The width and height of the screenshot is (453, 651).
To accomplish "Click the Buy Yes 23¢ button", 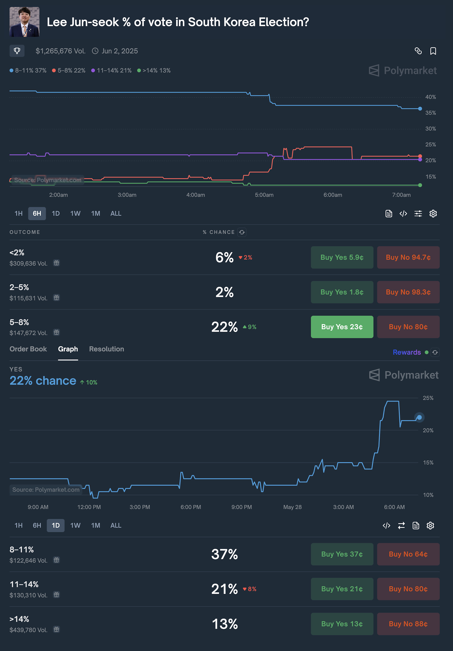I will [x=342, y=327].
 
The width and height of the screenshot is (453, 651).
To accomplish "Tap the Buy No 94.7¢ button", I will [x=408, y=257].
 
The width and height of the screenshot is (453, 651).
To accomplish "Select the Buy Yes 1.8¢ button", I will [x=342, y=292].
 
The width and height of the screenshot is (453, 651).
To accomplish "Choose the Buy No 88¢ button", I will [x=408, y=624].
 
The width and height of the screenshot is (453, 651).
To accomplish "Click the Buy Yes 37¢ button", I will [x=342, y=554].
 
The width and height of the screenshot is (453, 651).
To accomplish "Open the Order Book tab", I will [x=28, y=349].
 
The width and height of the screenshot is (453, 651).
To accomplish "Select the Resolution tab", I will [x=106, y=349].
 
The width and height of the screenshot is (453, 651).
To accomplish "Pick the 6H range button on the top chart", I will [x=37, y=213].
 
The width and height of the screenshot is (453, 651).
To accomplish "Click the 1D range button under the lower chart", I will [x=56, y=525].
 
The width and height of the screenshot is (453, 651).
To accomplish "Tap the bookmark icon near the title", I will [x=433, y=51].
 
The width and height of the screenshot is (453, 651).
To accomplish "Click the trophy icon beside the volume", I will [x=17, y=51].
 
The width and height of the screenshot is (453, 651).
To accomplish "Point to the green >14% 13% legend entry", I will [x=154, y=71].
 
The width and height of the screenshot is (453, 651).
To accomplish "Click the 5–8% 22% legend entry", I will [x=69, y=71].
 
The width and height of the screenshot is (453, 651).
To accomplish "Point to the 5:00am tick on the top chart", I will [x=264, y=195].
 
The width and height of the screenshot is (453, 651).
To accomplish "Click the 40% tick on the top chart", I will [x=430, y=97].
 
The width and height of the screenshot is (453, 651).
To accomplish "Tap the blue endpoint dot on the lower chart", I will [x=419, y=417].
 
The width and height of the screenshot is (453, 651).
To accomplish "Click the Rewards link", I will [x=407, y=352].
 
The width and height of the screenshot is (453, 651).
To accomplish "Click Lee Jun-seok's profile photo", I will [x=24, y=22].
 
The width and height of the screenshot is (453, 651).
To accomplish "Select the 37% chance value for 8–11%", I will [x=224, y=554].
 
